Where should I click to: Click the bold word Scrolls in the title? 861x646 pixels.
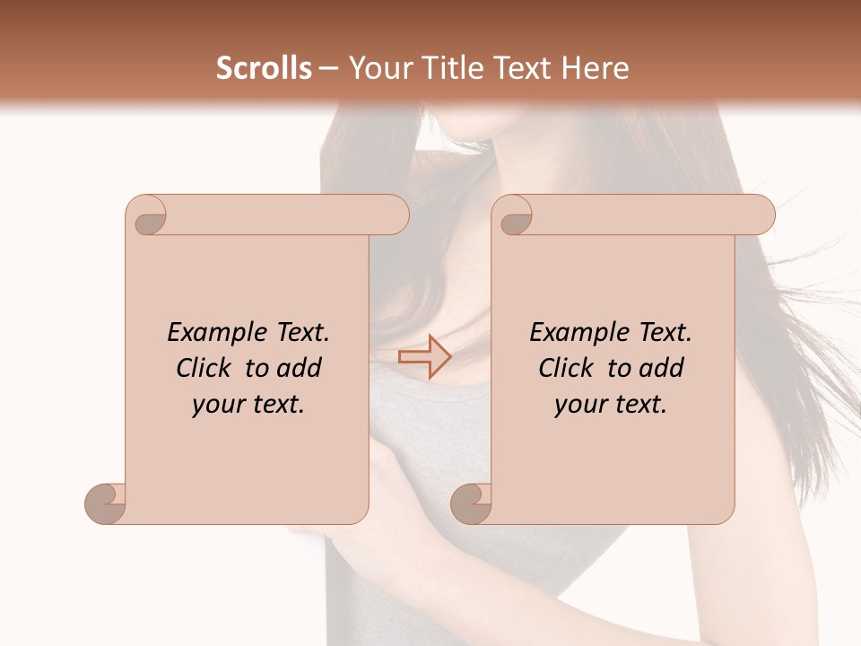265,68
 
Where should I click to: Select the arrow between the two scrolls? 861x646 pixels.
424,357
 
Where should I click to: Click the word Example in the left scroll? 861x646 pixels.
208,333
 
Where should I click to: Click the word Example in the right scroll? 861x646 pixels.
570,333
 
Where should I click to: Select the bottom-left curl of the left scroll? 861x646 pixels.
106,503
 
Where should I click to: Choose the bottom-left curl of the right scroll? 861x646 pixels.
472,503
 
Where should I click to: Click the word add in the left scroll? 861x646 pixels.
300,368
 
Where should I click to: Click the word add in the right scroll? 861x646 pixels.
663,368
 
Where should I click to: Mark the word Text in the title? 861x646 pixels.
526,68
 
